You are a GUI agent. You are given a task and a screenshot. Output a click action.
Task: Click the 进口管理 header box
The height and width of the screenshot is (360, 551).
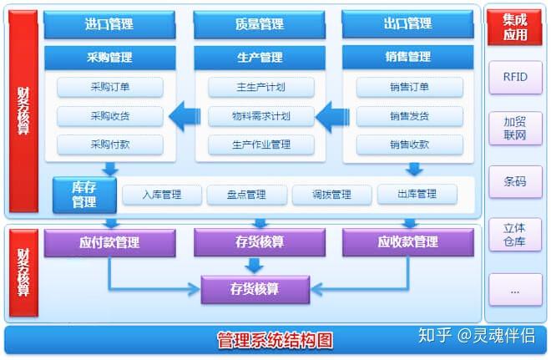pos(109,24)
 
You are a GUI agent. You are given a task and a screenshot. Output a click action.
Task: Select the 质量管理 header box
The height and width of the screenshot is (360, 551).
pos(260,24)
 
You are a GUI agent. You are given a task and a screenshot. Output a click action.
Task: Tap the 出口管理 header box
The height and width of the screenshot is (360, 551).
pos(409,24)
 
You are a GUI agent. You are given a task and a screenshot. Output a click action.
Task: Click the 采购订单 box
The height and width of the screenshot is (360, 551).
pos(109,87)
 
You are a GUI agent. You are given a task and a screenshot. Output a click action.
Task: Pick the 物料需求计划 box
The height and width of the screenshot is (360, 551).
pos(260,115)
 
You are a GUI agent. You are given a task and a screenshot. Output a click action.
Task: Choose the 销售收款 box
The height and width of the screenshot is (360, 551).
pos(409,145)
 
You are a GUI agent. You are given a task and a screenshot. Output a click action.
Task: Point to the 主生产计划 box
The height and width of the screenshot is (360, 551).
pos(260,87)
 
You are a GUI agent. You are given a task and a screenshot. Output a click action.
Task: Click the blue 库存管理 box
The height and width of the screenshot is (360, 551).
pos(83,194)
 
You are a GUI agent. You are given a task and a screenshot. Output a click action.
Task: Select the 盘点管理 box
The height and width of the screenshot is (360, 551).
pos(246,195)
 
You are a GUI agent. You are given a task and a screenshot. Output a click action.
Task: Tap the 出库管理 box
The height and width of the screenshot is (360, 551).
pos(417,195)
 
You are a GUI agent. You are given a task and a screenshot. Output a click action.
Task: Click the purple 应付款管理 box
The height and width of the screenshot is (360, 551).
pos(109,243)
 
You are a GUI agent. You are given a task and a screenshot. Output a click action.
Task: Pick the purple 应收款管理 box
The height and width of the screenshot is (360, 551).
pos(408,243)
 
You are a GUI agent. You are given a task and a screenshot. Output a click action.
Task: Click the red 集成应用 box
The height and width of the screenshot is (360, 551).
pos(515,27)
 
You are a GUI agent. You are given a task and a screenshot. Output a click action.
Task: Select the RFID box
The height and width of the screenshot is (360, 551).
pos(515,78)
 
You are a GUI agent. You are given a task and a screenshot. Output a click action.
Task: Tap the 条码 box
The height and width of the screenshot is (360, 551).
pos(515,181)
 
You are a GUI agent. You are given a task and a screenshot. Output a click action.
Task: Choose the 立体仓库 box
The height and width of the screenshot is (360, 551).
pos(515,235)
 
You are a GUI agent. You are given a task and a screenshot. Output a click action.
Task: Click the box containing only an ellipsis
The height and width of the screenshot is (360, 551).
pos(515,289)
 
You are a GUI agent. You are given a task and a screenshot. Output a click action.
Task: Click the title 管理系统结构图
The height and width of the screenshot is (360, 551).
pos(275,341)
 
